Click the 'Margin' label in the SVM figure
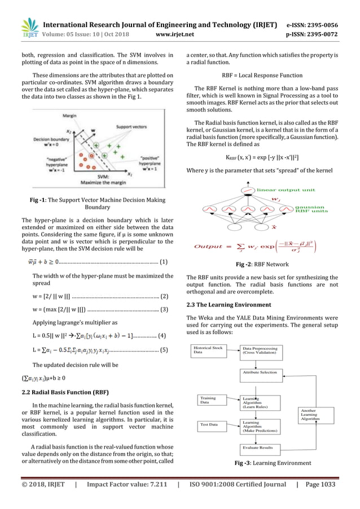69,116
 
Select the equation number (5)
163,350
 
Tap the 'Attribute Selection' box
260,372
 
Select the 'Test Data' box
209,424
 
